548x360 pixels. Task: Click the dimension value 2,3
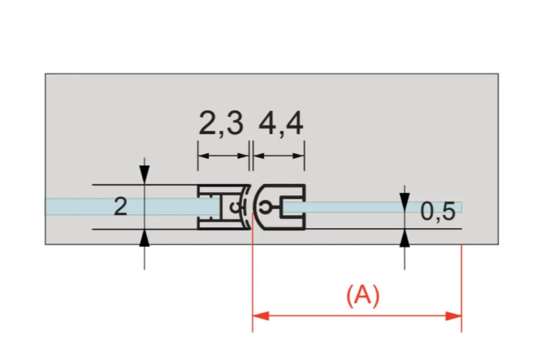click(221, 123)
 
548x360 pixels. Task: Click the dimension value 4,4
click(281, 123)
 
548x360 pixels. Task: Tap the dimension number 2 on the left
click(121, 206)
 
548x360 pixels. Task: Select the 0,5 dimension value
click(438, 211)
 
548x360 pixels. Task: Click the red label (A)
click(363, 295)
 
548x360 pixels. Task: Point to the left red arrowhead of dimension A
click(261, 316)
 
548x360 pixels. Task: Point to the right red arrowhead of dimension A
click(453, 316)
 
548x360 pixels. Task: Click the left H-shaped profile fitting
click(224, 207)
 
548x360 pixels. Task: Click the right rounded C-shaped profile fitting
click(279, 207)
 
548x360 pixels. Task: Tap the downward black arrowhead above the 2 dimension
click(144, 174)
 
